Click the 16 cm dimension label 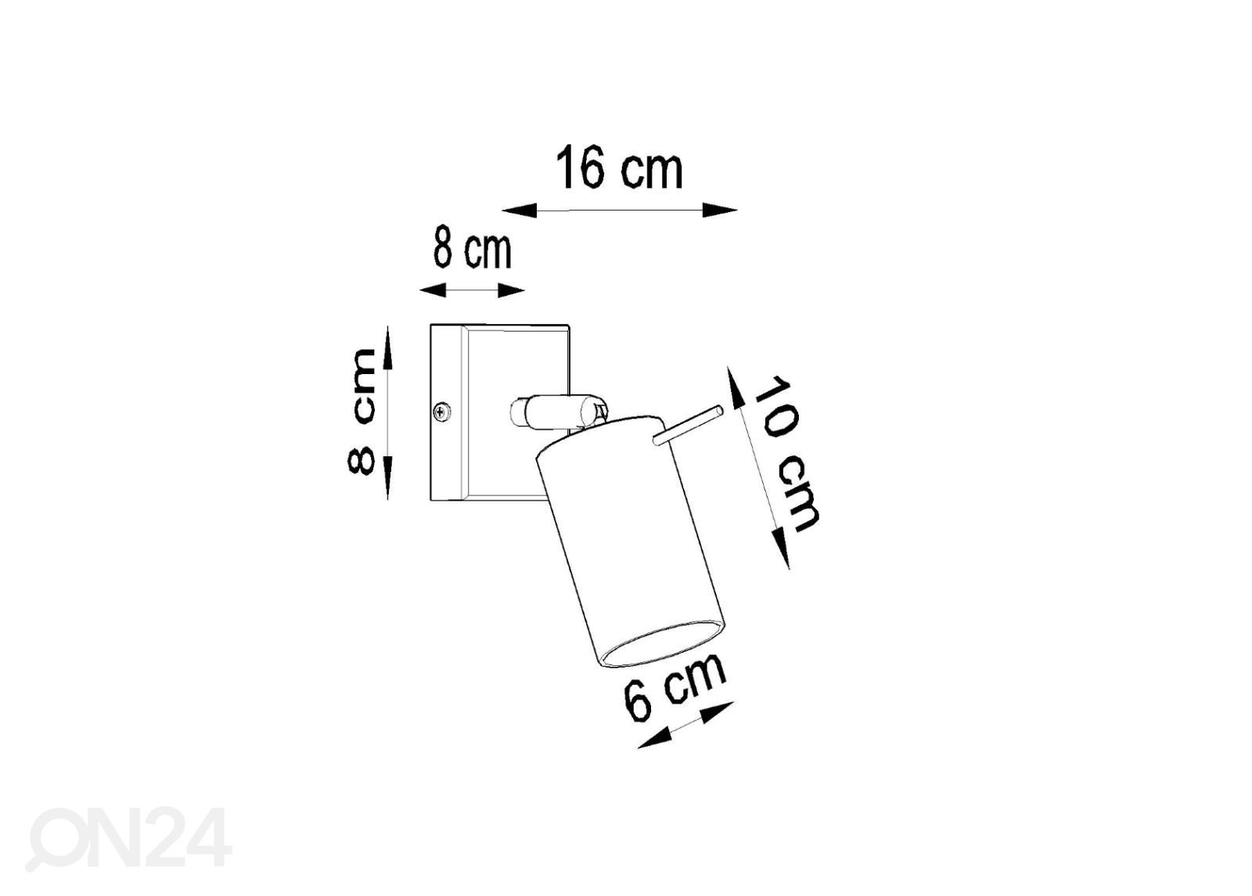(619, 167)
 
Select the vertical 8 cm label (362, 412)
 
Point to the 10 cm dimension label (786, 454)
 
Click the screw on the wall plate (443, 412)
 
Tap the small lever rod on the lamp (688, 426)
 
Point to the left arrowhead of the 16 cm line (520, 211)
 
